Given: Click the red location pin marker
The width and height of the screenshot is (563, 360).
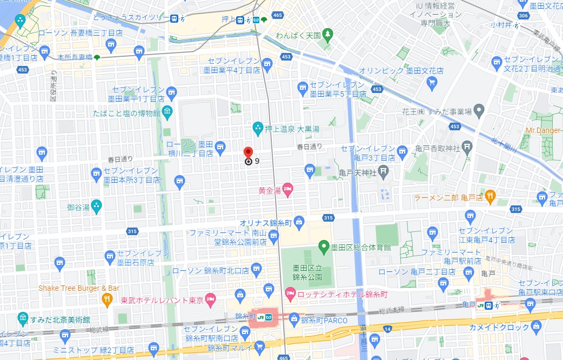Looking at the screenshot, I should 248,152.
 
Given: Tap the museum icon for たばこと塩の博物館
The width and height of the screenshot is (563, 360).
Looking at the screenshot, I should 167,113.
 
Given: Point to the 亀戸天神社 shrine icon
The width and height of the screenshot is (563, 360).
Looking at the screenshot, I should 383,172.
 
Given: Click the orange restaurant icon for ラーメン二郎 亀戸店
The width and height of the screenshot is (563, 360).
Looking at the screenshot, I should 490,197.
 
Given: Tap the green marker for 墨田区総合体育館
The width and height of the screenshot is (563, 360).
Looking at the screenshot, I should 324,248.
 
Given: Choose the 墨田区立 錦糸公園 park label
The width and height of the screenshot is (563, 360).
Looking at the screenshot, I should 307,272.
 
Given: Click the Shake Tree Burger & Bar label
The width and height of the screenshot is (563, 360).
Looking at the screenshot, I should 79,288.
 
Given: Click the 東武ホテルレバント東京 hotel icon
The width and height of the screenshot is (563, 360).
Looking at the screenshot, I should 211,299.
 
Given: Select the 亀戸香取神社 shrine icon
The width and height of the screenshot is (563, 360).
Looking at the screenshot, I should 468,148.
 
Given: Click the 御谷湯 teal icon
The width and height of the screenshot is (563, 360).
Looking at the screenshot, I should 96,205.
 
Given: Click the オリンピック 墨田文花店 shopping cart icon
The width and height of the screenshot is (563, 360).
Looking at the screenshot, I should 431,82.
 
